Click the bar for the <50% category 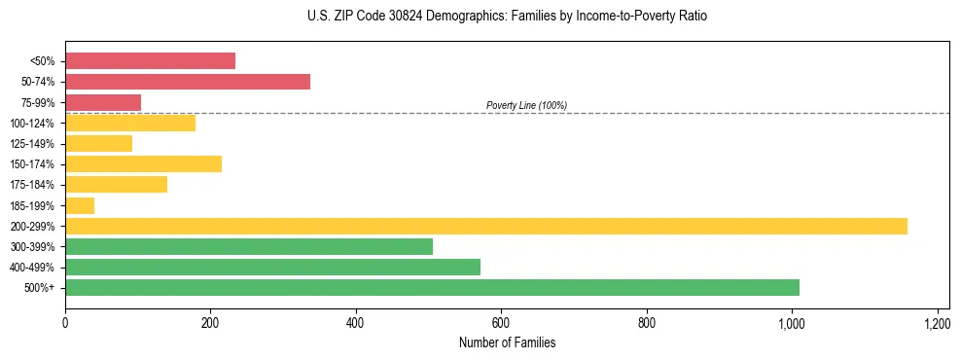pyautogui.click(x=150, y=60)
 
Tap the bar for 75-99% pyautogui.click(x=103, y=102)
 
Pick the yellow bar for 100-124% pyautogui.click(x=130, y=123)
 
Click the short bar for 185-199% pyautogui.click(x=80, y=205)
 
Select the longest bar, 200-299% pyautogui.click(x=486, y=226)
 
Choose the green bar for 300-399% pyautogui.click(x=249, y=246)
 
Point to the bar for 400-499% pyautogui.click(x=272, y=267)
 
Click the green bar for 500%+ pyautogui.click(x=432, y=287)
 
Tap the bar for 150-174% pyautogui.click(x=143, y=163)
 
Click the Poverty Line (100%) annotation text pyautogui.click(x=526, y=105)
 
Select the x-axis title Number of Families pyautogui.click(x=507, y=343)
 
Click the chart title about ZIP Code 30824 pyautogui.click(x=507, y=17)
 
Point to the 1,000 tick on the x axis pyautogui.click(x=792, y=322)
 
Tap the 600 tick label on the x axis pyautogui.click(x=501, y=322)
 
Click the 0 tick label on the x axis pyautogui.click(x=65, y=322)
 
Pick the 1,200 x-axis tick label pyautogui.click(x=937, y=322)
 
